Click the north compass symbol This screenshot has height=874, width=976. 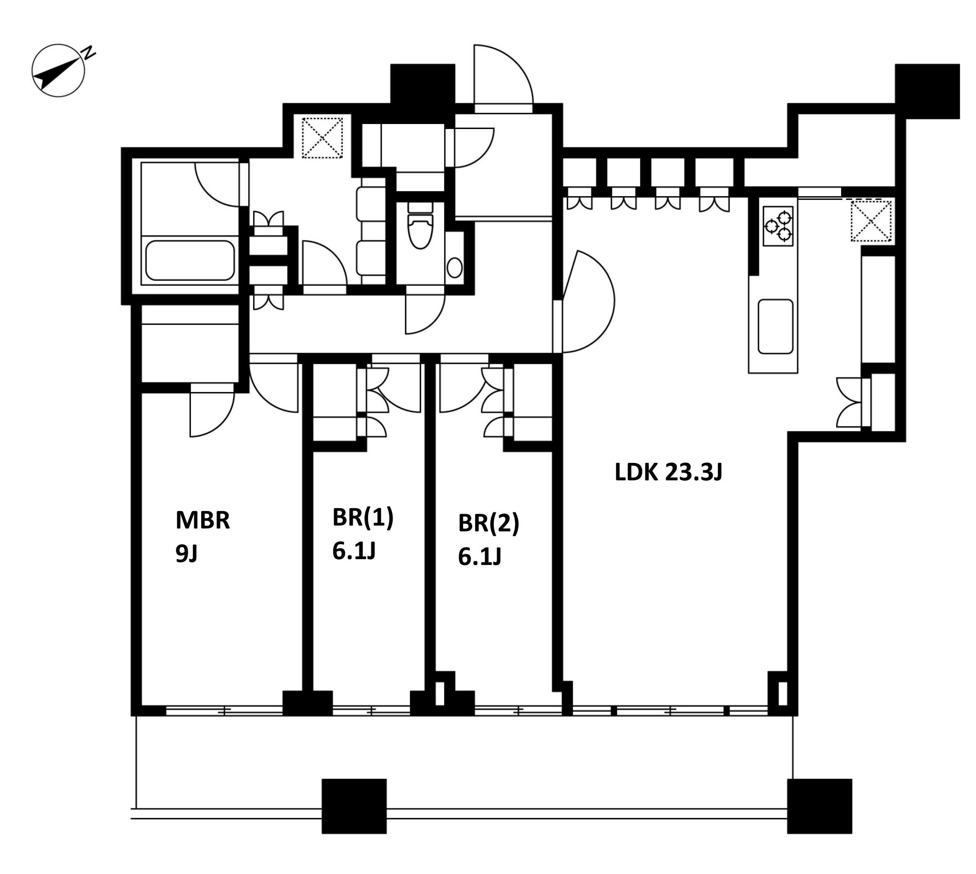click(59, 71)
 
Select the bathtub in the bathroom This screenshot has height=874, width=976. click(190, 260)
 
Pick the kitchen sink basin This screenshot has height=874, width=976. click(775, 326)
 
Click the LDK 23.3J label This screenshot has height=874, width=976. click(669, 472)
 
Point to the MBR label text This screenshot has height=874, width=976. click(203, 520)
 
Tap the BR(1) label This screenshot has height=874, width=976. click(363, 518)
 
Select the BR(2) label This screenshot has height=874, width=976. click(488, 523)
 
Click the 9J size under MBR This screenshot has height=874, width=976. click(187, 554)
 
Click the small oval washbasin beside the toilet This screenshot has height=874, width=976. click(454, 268)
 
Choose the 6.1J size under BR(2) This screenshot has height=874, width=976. click(480, 556)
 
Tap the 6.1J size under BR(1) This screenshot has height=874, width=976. click(354, 550)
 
